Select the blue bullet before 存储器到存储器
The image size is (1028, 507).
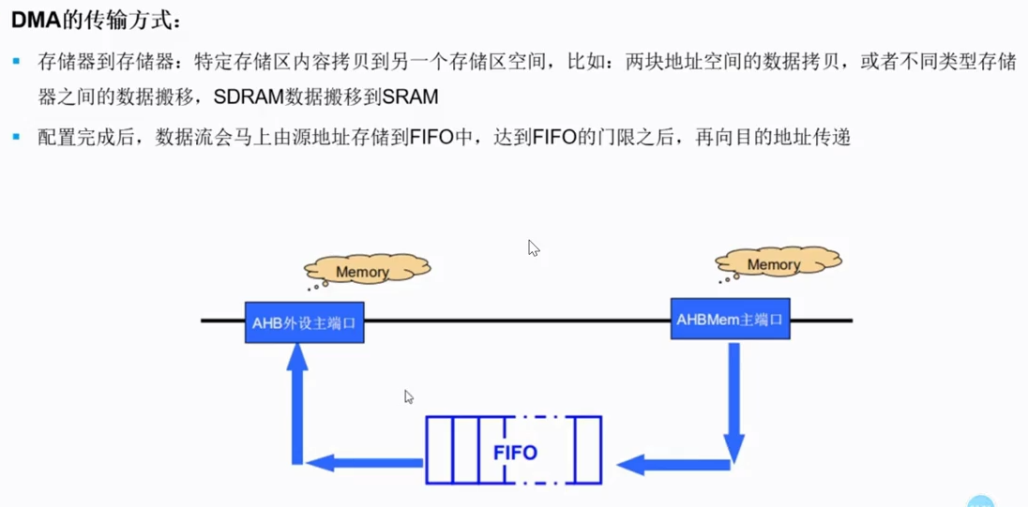pos(16,62)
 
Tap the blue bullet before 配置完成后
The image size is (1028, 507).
pos(16,138)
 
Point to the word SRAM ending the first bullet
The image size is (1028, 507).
pos(410,97)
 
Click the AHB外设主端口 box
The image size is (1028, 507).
pos(304,322)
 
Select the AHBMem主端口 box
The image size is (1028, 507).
pos(730,319)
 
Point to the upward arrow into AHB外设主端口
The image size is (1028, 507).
pos(297,403)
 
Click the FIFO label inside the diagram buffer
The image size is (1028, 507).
pos(515,453)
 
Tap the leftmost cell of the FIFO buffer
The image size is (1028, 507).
pos(439,451)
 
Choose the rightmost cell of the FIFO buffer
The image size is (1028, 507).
pos(588,451)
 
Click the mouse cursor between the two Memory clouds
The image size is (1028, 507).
pos(534,248)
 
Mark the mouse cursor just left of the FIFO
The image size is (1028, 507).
pos(409,397)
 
